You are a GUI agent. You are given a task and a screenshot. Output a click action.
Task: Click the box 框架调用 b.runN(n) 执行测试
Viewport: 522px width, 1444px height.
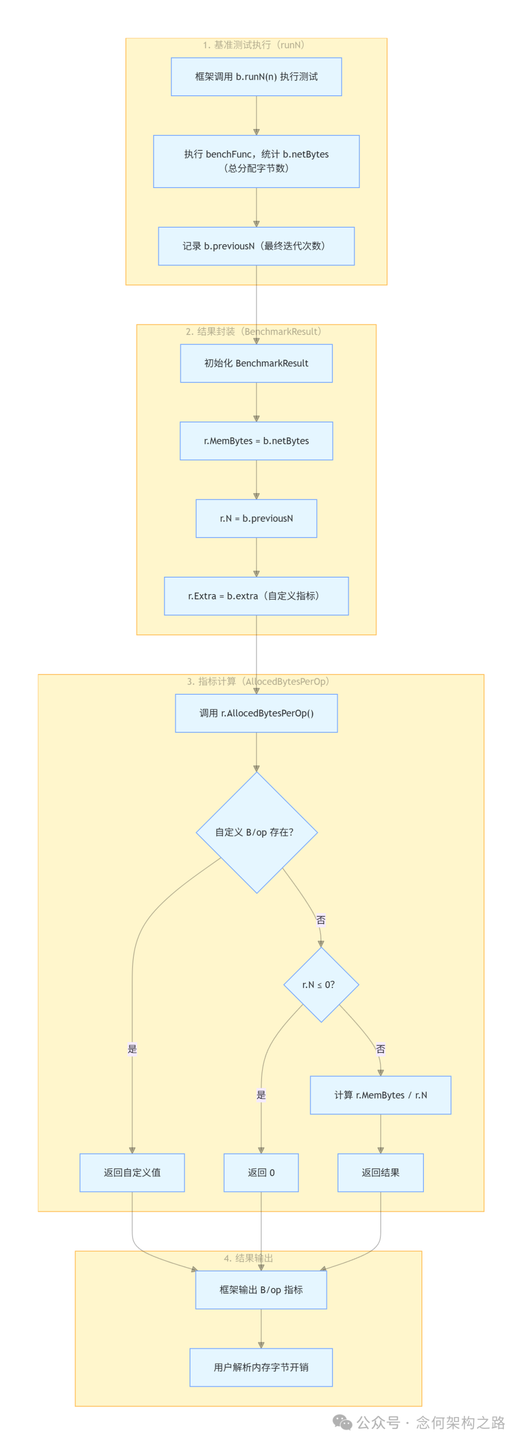(256, 77)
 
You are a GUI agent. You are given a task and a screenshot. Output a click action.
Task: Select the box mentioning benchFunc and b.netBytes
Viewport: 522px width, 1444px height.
(256, 161)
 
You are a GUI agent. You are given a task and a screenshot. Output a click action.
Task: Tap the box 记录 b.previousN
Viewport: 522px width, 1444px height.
(256, 246)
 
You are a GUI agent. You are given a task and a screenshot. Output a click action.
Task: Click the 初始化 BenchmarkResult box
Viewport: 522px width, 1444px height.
(256, 363)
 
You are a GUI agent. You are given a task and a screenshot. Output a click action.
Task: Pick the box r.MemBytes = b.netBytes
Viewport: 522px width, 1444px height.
(256, 441)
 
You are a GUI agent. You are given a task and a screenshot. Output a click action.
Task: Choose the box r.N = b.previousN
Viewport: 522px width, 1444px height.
(256, 519)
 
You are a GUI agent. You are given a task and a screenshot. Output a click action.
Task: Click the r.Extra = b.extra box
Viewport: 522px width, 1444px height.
(256, 596)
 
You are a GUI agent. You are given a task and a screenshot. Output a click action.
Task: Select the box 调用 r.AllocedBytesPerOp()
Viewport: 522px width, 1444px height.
(256, 713)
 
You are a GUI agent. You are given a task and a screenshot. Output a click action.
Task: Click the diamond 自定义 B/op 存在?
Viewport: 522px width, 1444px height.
(256, 832)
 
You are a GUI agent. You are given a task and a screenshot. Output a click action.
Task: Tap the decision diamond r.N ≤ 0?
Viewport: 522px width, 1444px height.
(321, 985)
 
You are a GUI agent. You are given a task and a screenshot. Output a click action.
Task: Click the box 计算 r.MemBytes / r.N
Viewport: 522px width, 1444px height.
(380, 1095)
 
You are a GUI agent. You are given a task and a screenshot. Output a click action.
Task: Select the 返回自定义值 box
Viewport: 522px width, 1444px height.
(132, 1172)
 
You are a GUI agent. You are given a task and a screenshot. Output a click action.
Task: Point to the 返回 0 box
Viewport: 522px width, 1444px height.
(261, 1172)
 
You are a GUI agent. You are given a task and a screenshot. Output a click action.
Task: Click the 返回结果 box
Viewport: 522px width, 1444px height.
(380, 1172)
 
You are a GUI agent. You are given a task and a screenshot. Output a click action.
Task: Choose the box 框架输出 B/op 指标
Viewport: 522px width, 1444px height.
(261, 1289)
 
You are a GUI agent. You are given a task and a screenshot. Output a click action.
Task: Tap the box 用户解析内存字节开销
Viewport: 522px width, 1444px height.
(261, 1367)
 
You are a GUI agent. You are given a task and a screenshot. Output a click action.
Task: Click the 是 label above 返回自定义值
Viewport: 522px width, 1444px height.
(132, 1049)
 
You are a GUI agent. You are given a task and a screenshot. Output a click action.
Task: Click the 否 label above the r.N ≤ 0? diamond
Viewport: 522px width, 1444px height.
(321, 920)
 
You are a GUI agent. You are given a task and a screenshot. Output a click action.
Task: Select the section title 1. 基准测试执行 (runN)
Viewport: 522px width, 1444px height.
(254, 45)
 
